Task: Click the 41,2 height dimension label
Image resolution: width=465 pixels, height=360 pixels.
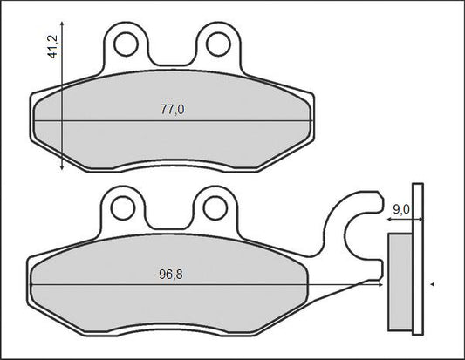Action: pos(53,46)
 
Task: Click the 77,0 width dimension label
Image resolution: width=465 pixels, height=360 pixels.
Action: pos(172,110)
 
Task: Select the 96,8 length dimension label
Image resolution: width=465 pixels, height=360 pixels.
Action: pos(171,275)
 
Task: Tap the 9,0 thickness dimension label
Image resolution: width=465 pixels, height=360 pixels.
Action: pos(401,209)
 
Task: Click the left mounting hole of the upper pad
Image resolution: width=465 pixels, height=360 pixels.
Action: pos(126,44)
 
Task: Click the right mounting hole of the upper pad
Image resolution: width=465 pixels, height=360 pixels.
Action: pos(219,44)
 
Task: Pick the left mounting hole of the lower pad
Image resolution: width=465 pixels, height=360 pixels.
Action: pos(123,208)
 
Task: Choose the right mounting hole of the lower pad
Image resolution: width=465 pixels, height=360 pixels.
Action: pos(215,208)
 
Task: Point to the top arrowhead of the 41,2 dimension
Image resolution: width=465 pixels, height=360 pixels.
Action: pos(62,24)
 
